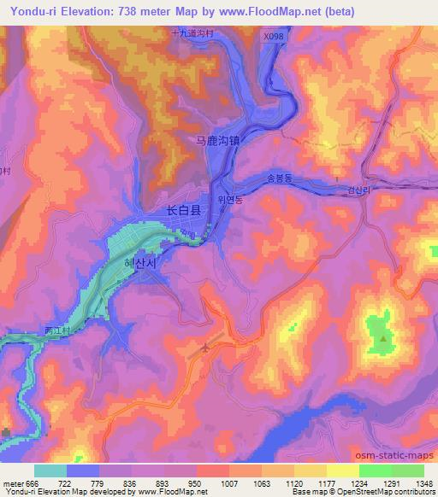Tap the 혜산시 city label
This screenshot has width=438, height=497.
141,264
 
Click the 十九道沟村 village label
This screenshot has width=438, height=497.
192,32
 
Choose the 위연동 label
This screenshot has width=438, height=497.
230,199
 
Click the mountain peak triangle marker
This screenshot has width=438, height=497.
383,338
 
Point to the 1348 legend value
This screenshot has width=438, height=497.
423,482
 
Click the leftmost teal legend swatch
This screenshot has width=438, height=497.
50,471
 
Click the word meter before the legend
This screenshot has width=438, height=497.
12,482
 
